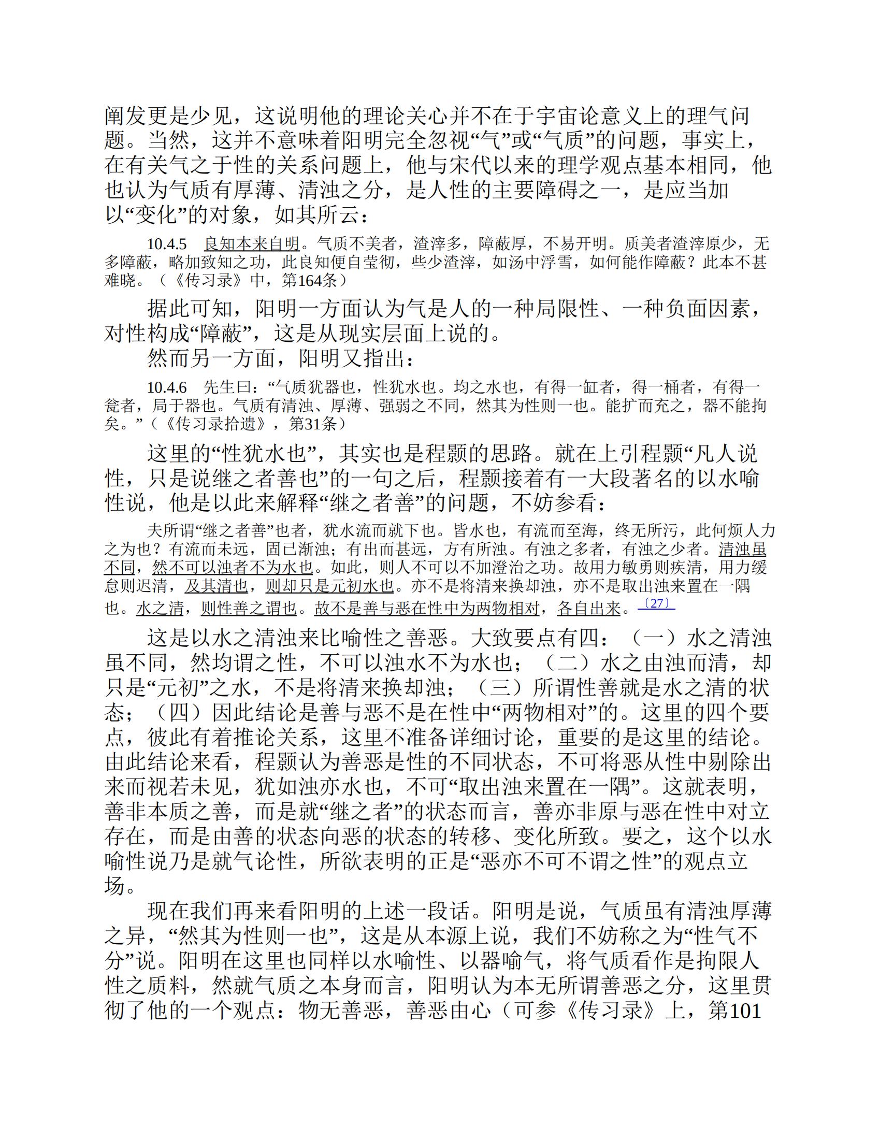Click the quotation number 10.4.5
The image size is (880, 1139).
point(166,244)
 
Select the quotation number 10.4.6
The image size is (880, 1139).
point(166,387)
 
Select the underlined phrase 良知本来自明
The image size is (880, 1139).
point(251,244)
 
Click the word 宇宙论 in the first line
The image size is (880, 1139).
point(550,116)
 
